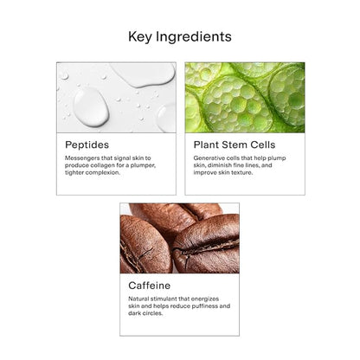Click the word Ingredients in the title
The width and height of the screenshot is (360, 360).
click(194, 37)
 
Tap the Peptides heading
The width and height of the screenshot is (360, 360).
click(87, 145)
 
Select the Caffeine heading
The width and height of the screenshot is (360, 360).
click(150, 286)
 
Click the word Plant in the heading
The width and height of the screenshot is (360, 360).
click(206, 145)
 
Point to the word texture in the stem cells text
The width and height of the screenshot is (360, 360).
click(241, 172)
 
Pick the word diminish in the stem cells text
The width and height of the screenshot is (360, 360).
click(221, 165)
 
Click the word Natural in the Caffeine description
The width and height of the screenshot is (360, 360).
click(138, 299)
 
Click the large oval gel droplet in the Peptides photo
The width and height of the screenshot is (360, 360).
click(91, 107)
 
